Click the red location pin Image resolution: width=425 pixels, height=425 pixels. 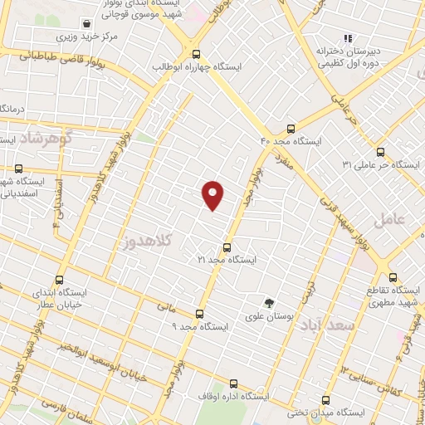[x=213, y=194]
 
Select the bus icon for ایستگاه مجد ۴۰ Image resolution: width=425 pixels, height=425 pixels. [x=290, y=128]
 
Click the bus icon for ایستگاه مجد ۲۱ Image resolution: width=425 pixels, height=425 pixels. [x=227, y=247]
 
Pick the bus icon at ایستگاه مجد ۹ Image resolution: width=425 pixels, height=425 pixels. [x=199, y=314]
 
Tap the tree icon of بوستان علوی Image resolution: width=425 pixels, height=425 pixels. [x=267, y=303]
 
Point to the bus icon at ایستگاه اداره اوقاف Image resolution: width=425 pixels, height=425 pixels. [x=233, y=383]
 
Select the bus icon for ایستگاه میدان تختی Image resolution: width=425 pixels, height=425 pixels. [x=325, y=399]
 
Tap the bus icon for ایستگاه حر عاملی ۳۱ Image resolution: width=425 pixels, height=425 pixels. [x=380, y=152]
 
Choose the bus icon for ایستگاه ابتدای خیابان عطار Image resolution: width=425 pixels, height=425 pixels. [x=58, y=280]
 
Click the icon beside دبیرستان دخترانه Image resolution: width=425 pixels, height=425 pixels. [x=349, y=37]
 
